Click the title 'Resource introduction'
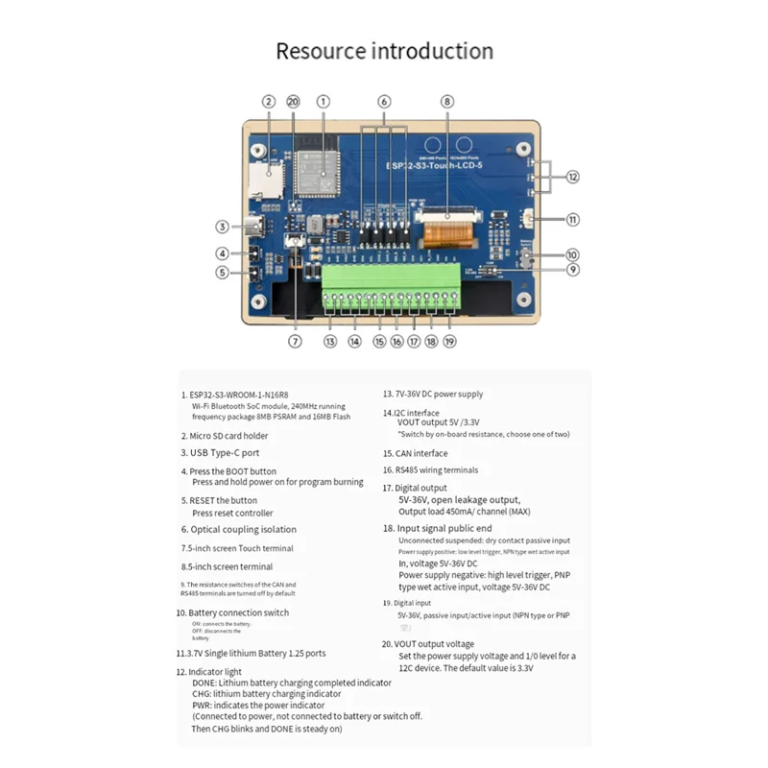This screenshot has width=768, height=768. (384, 51)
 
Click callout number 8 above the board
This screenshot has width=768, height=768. (446, 101)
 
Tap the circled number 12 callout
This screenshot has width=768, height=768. (572, 177)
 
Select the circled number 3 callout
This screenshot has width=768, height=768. (222, 228)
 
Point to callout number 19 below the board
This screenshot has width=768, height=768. (449, 341)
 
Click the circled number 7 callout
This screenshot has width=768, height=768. (296, 341)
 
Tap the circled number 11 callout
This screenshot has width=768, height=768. (572, 220)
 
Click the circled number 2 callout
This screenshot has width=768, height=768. (269, 101)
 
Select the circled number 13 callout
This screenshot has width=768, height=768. (330, 341)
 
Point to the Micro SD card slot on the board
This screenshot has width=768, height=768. (269, 174)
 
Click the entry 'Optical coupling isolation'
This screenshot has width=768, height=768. (243, 529)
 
